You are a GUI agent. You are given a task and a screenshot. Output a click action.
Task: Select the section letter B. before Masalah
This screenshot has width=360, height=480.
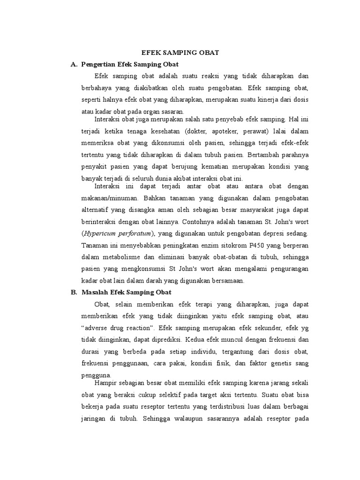(74, 292)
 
